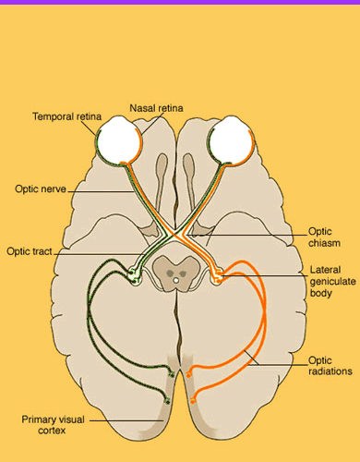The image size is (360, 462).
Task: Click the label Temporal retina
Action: click(x=66, y=117)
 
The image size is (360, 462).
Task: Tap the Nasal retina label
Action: click(x=157, y=108)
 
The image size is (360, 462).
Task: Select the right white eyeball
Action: click(x=231, y=140)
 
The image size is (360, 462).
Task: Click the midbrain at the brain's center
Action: click(x=176, y=270)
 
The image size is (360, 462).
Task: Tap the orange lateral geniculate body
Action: click(x=218, y=274)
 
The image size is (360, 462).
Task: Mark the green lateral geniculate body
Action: click(x=135, y=274)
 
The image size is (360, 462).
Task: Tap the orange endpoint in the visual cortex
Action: click(x=189, y=374)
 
